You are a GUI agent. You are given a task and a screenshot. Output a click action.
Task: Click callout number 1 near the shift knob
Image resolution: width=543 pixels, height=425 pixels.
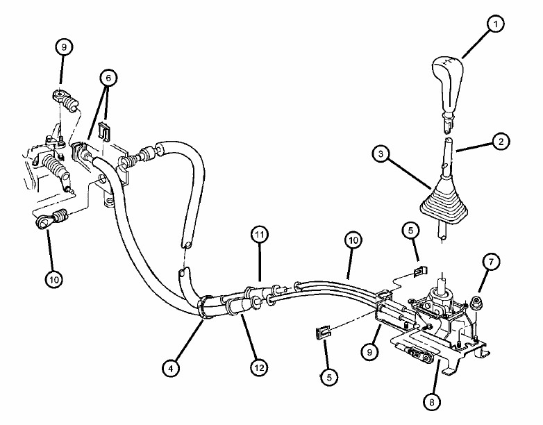(x=495, y=24)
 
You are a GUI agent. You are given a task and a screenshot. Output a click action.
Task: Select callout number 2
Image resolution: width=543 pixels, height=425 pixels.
(x=501, y=141)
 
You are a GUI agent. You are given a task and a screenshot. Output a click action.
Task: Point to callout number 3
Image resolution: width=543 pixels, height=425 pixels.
(x=381, y=153)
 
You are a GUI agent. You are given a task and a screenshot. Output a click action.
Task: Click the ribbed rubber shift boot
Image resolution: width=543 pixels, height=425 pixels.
(x=444, y=203)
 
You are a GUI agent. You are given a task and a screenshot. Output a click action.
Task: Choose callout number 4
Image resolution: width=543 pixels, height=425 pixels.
(x=171, y=369)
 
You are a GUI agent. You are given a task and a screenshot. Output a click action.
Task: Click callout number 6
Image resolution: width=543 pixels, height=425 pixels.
(x=108, y=78)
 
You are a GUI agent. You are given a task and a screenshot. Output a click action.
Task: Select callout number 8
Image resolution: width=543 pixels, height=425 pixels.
(x=432, y=402)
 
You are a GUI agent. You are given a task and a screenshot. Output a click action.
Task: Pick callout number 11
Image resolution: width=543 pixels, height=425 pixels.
(x=260, y=235)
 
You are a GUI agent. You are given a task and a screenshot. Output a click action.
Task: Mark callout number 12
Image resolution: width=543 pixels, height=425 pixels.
(x=259, y=367)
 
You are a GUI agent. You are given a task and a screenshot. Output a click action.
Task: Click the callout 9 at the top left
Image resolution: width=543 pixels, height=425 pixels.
(x=64, y=47)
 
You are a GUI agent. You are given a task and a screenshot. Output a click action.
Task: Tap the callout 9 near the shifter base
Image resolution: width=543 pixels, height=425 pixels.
(x=370, y=352)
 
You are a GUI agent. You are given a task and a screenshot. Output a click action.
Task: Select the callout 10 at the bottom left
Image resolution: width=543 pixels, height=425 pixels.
(x=54, y=279)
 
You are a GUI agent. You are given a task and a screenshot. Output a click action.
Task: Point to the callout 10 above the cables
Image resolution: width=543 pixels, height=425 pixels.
(x=353, y=240)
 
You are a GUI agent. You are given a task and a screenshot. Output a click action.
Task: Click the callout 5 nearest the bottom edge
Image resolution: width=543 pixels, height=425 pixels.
(x=329, y=377)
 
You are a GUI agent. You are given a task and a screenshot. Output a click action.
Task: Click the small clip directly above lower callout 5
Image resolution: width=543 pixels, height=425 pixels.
(x=323, y=333)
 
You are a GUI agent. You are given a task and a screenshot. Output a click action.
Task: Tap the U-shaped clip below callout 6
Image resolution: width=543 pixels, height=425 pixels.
(x=104, y=131)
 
